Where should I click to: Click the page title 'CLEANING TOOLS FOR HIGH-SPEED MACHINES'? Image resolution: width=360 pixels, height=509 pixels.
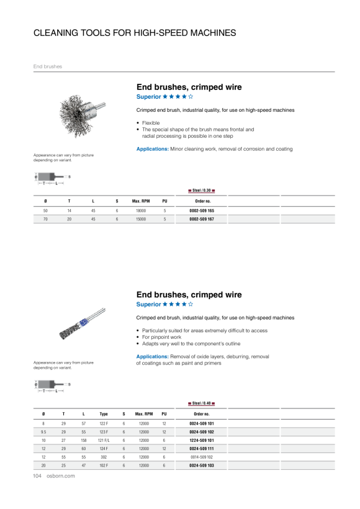(x=135, y=33)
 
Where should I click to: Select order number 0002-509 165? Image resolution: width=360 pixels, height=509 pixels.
(x=202, y=210)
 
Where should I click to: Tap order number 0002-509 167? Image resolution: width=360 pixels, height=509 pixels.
(x=202, y=219)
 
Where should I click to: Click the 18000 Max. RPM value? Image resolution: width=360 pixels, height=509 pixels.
(x=141, y=210)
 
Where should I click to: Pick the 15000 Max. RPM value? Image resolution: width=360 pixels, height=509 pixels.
(x=141, y=219)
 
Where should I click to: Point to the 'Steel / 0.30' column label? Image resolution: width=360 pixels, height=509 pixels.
(x=202, y=190)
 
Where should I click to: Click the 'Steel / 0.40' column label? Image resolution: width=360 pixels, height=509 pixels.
(x=202, y=403)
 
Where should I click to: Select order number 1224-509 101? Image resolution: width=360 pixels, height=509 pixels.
(x=202, y=441)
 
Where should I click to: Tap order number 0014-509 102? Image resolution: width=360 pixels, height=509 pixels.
(x=202, y=457)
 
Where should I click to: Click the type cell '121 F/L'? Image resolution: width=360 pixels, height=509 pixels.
(x=104, y=441)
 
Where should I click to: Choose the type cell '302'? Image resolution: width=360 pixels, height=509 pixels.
(x=104, y=457)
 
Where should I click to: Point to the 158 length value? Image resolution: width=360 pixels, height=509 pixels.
(x=84, y=441)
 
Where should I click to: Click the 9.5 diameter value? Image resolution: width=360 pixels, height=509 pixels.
(x=43, y=432)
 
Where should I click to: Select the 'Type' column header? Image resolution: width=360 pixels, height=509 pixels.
(x=104, y=414)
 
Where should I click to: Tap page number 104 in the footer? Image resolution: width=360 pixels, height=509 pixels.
(x=37, y=476)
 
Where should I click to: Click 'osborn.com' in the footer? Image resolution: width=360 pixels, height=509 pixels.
(x=61, y=476)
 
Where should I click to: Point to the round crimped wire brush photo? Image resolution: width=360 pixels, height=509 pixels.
(x=82, y=115)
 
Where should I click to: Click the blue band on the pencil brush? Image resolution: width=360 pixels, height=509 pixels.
(x=83, y=323)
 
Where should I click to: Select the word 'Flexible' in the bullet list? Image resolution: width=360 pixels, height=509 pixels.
(x=151, y=123)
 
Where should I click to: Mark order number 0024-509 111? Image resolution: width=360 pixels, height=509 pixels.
(x=202, y=449)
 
